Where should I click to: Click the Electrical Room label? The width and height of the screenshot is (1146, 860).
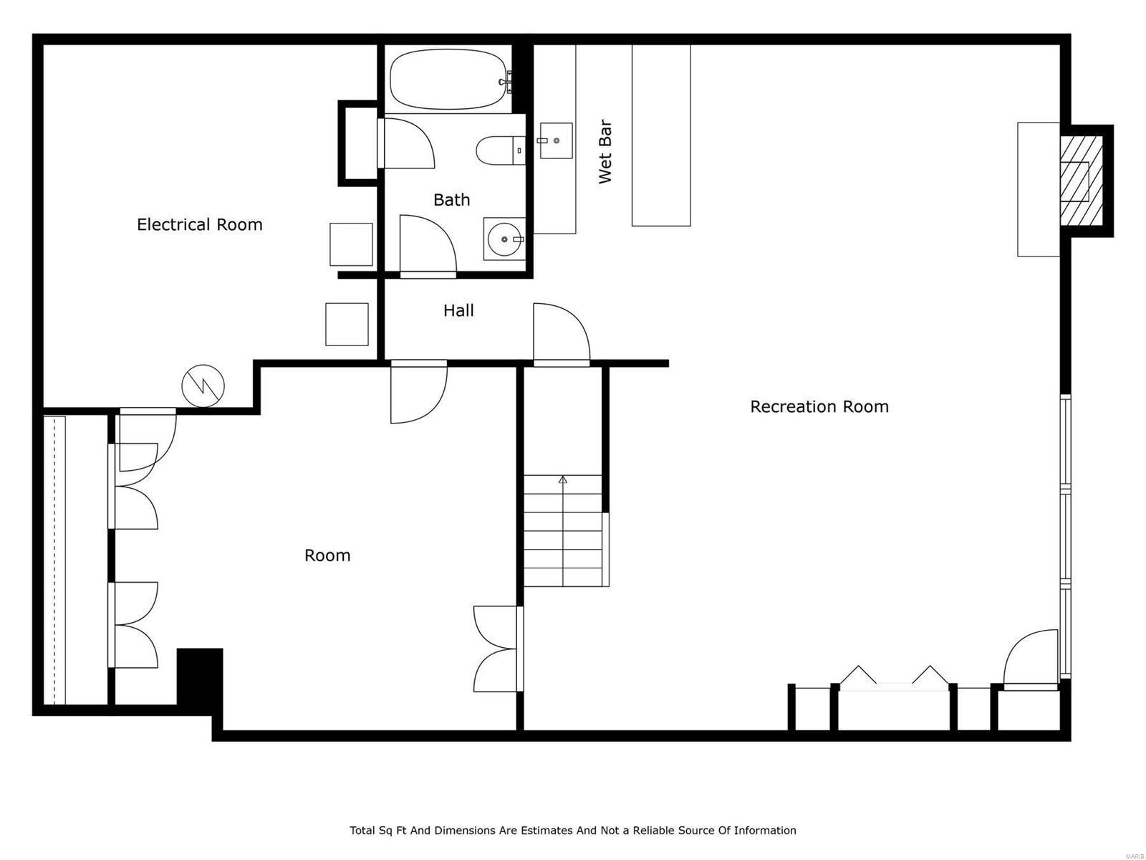(x=199, y=225)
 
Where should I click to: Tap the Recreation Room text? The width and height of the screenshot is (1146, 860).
(x=819, y=407)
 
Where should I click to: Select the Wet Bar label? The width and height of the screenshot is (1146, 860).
(x=605, y=153)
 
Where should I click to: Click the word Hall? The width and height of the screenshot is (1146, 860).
(x=458, y=310)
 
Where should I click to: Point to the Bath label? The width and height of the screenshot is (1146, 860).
(x=451, y=200)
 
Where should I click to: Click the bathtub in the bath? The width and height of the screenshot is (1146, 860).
(x=450, y=79)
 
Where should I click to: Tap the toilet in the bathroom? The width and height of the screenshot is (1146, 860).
(x=499, y=150)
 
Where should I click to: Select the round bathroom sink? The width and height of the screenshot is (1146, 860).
(x=504, y=239)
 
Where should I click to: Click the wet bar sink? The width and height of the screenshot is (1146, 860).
(x=556, y=140)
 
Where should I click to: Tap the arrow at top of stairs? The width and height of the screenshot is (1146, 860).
(x=563, y=479)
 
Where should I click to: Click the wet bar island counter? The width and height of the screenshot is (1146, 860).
(x=660, y=135)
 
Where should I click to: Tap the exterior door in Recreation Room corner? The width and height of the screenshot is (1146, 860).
(x=1031, y=659)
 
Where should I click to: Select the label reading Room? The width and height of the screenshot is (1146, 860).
(x=327, y=555)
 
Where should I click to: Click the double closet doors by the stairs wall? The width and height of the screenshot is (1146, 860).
(x=496, y=649)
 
